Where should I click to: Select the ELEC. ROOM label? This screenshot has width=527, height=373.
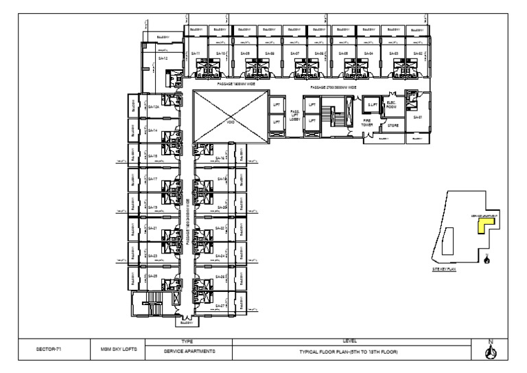pyautogui.click(x=393, y=104)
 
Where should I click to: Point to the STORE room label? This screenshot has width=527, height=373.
pyautogui.click(x=393, y=126)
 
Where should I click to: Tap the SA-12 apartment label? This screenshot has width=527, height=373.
pyautogui.click(x=163, y=59)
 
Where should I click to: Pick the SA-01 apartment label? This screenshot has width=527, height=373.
pyautogui.click(x=417, y=117)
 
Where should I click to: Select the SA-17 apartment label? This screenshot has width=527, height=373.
pyautogui.click(x=152, y=179)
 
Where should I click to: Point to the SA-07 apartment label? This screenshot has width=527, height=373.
pyautogui.click(x=294, y=53)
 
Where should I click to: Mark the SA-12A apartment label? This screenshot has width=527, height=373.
pyautogui.click(x=154, y=106)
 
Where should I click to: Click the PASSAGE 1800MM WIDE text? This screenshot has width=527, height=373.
pyautogui.click(x=236, y=83)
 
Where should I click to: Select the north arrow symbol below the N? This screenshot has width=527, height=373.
pyautogui.click(x=491, y=353)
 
